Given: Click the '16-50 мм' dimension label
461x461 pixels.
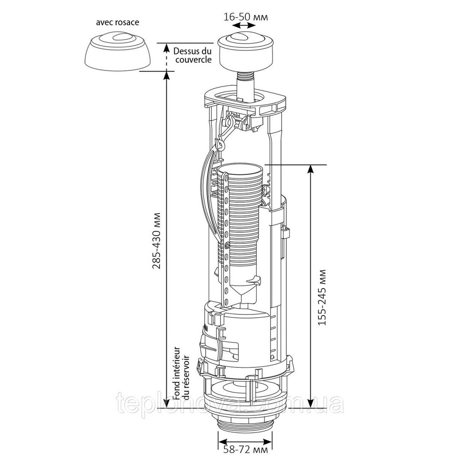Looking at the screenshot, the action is pyautogui.click(x=246, y=17).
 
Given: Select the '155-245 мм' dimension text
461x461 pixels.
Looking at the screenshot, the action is pyautogui.click(x=322, y=296).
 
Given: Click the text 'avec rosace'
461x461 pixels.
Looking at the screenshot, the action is pyautogui.click(x=118, y=22).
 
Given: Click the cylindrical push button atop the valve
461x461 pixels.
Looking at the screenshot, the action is pyautogui.click(x=246, y=53).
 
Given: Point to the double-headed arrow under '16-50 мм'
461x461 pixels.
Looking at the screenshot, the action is pyautogui.click(x=246, y=26).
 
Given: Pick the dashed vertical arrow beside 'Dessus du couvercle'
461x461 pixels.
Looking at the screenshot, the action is pyautogui.click(x=167, y=57).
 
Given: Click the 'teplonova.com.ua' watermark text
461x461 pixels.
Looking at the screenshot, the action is pyautogui.click(x=230, y=403).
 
